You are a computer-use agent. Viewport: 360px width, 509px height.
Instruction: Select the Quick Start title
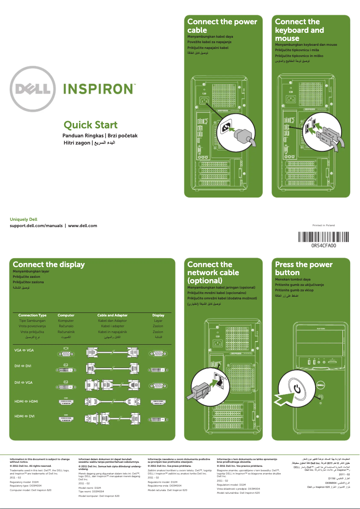tap(90, 125)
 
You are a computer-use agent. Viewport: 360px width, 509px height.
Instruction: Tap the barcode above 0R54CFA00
tap(324, 237)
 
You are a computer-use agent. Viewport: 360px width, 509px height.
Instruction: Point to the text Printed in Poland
tap(323, 225)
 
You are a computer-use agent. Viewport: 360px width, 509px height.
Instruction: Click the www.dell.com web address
tap(83, 225)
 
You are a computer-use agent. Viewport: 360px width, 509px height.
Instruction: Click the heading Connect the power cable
tap(222, 26)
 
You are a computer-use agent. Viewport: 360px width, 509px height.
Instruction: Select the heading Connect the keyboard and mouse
tap(299, 30)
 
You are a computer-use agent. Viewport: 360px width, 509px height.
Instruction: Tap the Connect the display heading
tap(48, 264)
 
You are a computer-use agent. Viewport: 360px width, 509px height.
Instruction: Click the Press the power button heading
tap(303, 268)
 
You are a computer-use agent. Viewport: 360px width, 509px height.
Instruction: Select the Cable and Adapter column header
tap(112, 315)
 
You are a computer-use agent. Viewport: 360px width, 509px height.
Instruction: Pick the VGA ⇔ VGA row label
tap(23, 350)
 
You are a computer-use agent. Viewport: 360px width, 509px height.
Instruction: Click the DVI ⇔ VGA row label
tap(23, 383)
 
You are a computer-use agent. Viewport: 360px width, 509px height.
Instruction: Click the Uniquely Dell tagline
tap(23, 219)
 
